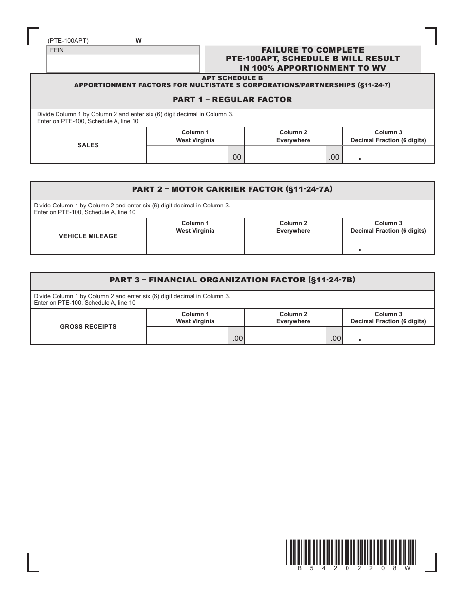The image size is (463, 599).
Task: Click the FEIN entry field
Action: (123, 63)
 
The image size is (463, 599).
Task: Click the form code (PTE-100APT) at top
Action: (68, 41)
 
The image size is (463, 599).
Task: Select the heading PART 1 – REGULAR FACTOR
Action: (232, 100)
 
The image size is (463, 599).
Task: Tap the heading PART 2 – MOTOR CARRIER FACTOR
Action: (232, 189)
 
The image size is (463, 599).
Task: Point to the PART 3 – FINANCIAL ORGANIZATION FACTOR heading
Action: (232, 280)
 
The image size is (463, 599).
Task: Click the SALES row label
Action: (88, 145)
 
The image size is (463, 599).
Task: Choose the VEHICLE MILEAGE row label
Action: (88, 236)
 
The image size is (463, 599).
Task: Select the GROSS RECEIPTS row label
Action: (88, 327)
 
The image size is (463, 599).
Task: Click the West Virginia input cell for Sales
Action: (188, 155)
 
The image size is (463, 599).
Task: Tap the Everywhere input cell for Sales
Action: (285, 155)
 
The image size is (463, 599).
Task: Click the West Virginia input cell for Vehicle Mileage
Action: (195, 245)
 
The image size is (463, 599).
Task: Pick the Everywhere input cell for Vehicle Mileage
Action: (293, 245)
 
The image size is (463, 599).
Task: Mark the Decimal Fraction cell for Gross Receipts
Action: (388, 336)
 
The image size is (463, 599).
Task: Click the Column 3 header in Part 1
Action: (388, 136)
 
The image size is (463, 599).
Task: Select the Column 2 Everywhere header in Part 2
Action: (293, 227)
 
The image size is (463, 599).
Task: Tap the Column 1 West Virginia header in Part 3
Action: (195, 318)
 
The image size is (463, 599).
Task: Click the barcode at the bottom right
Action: (351, 552)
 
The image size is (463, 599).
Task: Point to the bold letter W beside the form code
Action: (138, 41)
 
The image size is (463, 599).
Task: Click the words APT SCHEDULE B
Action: (232, 78)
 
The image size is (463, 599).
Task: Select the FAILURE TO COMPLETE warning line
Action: (312, 50)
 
